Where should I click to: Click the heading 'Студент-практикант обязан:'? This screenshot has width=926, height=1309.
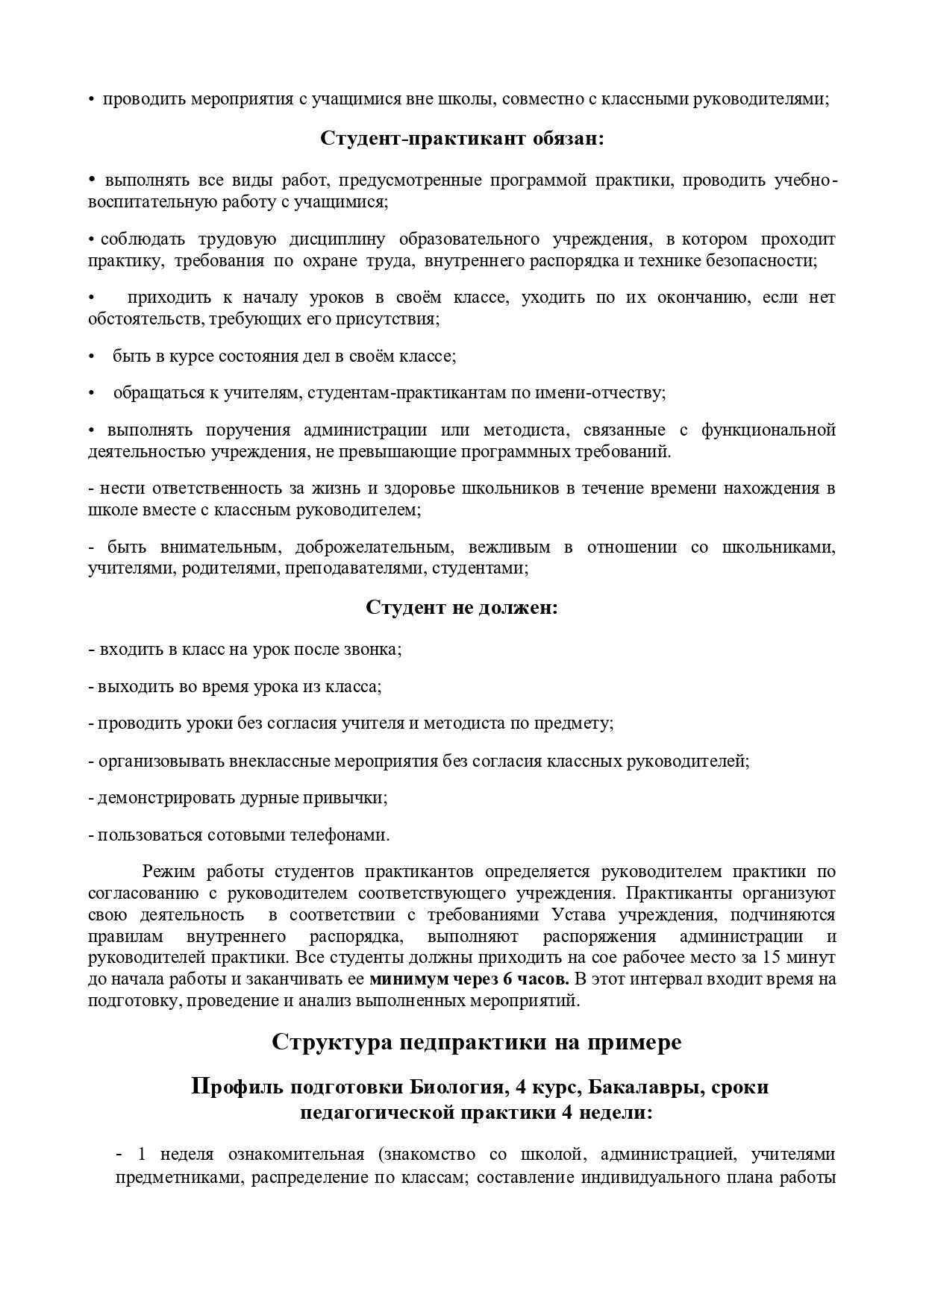click(462, 139)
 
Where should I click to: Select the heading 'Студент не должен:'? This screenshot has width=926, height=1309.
click(462, 607)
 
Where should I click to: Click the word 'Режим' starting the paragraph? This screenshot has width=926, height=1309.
click(168, 872)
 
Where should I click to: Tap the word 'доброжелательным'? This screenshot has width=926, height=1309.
click(374, 547)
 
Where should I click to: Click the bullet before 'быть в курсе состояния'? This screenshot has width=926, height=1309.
click(92, 357)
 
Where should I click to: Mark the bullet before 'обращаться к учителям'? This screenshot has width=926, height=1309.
click(92, 393)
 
